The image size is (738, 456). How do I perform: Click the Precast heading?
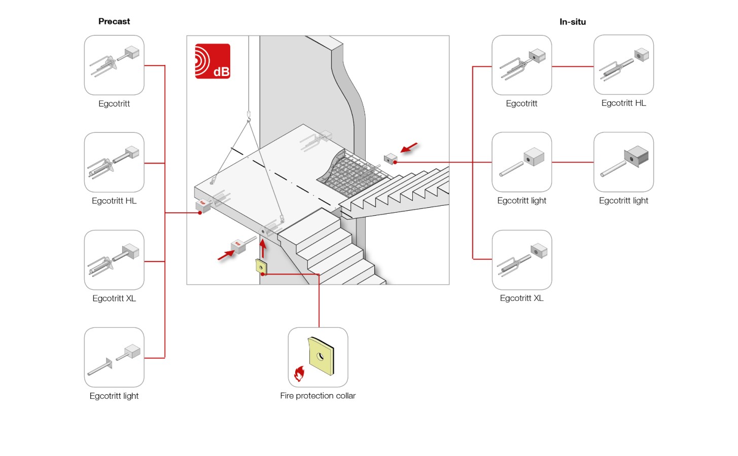(114, 21)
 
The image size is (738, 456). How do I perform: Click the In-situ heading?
(573, 22)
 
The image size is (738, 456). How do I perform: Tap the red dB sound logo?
(213, 61)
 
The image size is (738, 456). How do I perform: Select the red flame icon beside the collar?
(299, 374)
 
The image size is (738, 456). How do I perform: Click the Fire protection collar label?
(318, 396)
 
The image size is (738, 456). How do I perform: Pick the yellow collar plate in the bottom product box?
(321, 356)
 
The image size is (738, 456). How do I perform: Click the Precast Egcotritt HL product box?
(114, 162)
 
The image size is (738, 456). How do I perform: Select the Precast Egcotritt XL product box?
(114, 260)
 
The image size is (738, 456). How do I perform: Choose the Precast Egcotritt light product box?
(114, 357)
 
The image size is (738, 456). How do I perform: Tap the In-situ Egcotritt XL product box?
(522, 260)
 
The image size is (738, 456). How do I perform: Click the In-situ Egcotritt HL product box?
(624, 65)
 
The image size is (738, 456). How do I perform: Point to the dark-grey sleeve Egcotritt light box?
(624, 162)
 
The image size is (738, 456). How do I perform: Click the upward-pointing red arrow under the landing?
(263, 249)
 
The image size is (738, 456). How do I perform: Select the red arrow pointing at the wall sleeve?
(409, 148)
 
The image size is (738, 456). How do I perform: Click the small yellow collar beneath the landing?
(261, 267)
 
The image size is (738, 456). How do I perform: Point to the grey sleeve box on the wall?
(391, 159)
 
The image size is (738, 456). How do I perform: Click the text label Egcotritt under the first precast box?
(114, 104)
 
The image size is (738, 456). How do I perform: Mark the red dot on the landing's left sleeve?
(200, 213)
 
